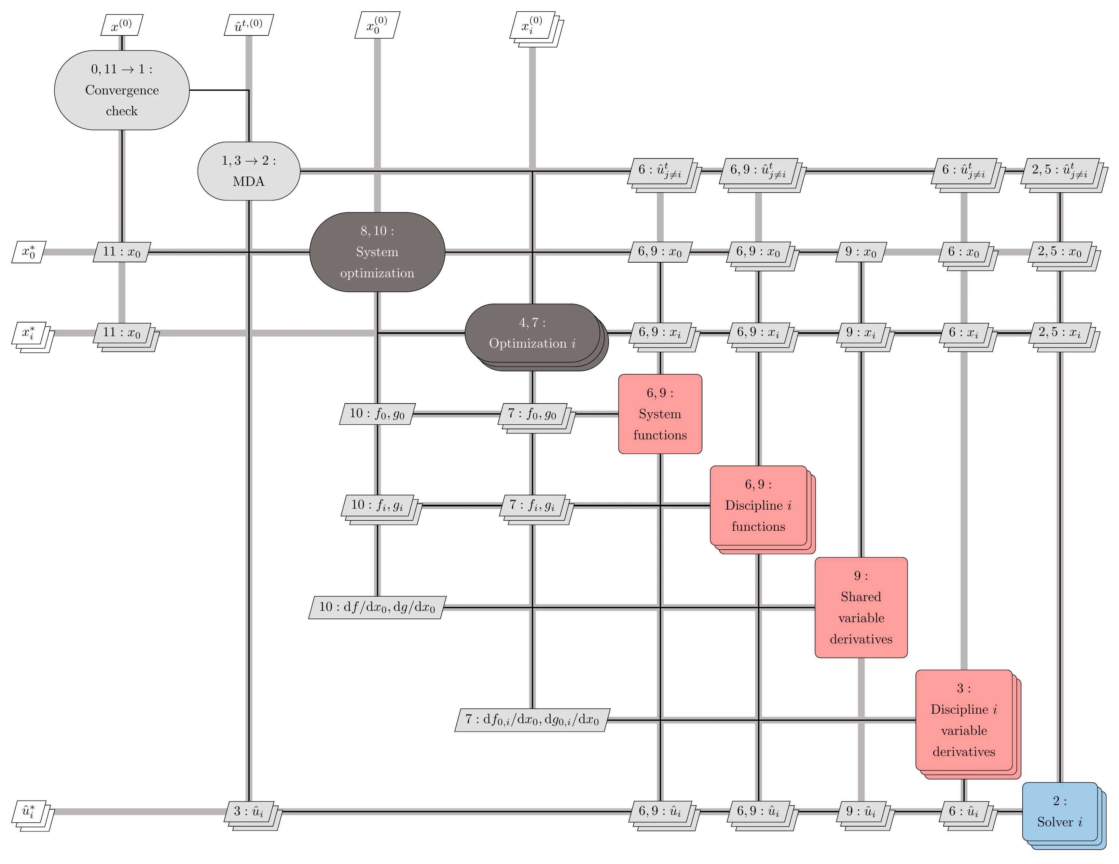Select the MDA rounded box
[x=248, y=171]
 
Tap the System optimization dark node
[x=377, y=252]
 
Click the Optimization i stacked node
[x=532, y=334]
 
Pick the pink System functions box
[x=660, y=414]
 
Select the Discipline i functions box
[x=758, y=505]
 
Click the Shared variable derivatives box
[x=861, y=608]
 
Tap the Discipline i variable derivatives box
[x=964, y=720]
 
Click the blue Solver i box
[x=1059, y=812]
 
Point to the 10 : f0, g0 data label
[x=377, y=414]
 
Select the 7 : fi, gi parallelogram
[x=532, y=505]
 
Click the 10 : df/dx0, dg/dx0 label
[x=377, y=608]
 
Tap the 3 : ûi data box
[x=248, y=811]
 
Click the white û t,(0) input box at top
[x=248, y=25]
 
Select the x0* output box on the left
[x=29, y=252]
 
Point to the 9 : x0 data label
[x=861, y=252]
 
